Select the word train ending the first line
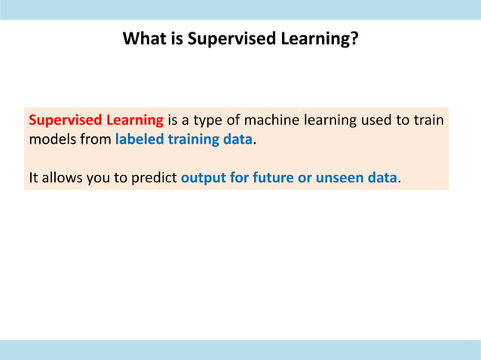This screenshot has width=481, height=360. [x=427, y=121]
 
